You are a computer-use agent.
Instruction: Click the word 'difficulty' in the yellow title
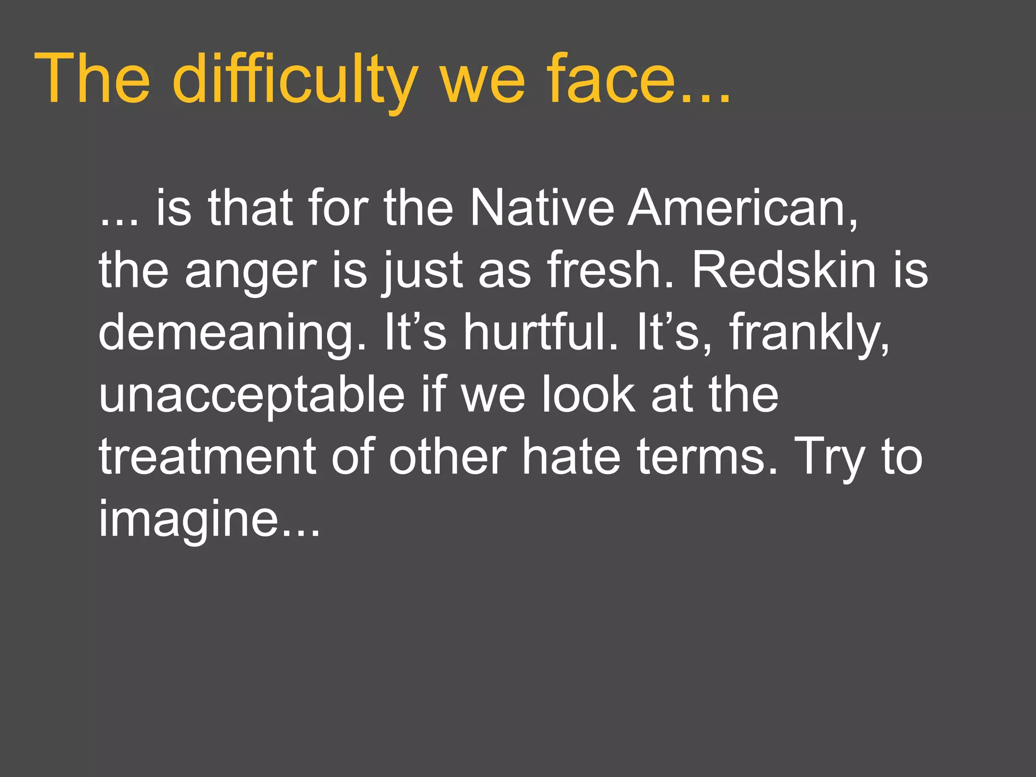pos(294,80)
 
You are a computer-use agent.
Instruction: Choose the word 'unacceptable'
pos(251,395)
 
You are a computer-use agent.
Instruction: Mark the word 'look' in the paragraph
pos(588,395)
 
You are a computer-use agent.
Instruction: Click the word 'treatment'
pos(207,457)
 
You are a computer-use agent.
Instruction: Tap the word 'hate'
pos(571,457)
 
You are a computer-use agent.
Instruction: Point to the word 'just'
pos(422,271)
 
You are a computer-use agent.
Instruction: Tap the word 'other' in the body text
pos(447,457)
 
